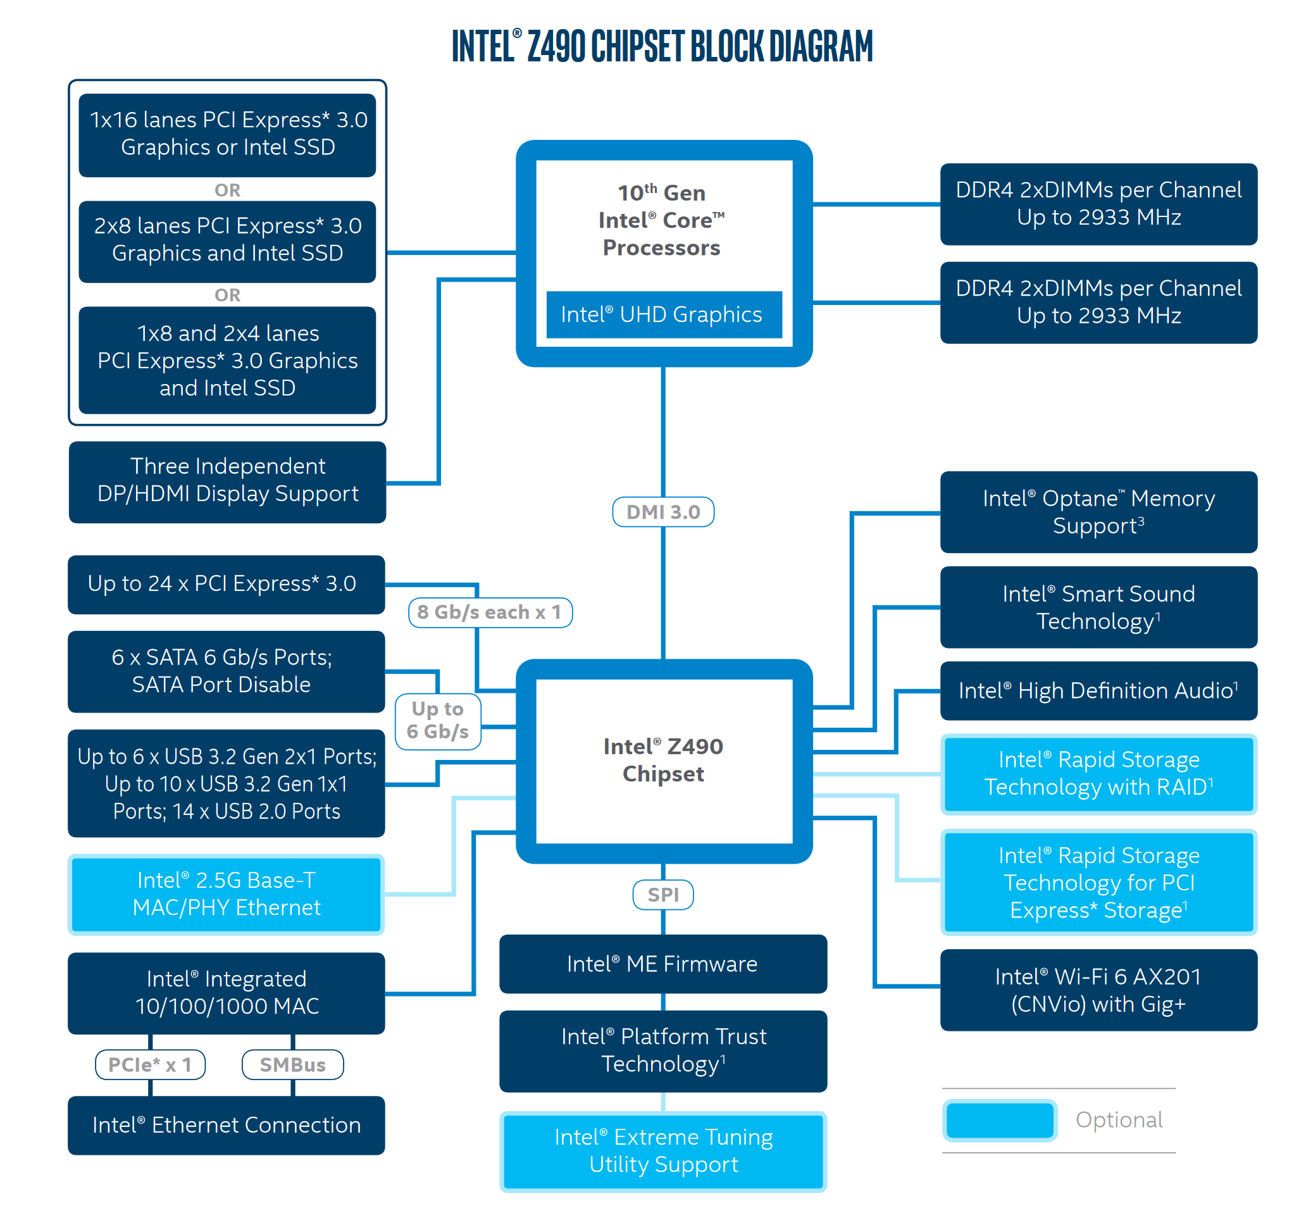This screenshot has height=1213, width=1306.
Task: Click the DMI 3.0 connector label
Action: tap(663, 512)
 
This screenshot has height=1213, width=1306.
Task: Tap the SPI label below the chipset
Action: tap(663, 895)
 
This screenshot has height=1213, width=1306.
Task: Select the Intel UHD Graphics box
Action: tap(663, 314)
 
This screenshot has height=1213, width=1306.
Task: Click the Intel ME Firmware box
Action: tap(663, 964)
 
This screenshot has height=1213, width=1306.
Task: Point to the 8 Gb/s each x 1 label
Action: tap(490, 613)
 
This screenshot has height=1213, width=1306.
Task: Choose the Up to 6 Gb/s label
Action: tap(438, 721)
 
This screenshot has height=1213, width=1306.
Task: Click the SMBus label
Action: tap(293, 1065)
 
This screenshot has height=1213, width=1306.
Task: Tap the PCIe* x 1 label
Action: tap(151, 1065)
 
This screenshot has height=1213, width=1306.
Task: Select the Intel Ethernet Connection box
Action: tap(227, 1125)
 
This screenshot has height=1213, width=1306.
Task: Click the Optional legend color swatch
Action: tap(1000, 1120)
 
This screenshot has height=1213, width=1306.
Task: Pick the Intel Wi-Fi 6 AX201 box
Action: tap(1098, 990)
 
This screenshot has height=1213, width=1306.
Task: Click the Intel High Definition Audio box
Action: tap(1098, 690)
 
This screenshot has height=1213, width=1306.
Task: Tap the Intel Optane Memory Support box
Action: tap(1098, 512)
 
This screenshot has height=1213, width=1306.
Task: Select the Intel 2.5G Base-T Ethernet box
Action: tap(227, 894)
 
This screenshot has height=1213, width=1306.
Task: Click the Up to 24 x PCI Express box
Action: tap(227, 584)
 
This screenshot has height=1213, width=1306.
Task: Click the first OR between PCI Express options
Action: tap(228, 190)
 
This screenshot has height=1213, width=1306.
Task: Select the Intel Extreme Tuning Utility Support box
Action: tap(663, 1150)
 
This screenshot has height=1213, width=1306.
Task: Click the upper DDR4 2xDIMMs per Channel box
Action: tap(1098, 204)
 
